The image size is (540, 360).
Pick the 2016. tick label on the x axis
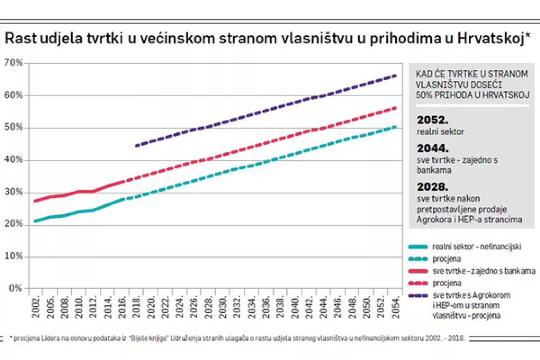(x=123, y=306)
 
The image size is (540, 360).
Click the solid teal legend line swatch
(x=418, y=247)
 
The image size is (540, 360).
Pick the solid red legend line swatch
(x=418, y=271)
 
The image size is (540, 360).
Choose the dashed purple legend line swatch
(x=418, y=296)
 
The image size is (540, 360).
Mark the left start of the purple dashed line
(x=136, y=146)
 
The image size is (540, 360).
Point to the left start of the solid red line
(x=35, y=201)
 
